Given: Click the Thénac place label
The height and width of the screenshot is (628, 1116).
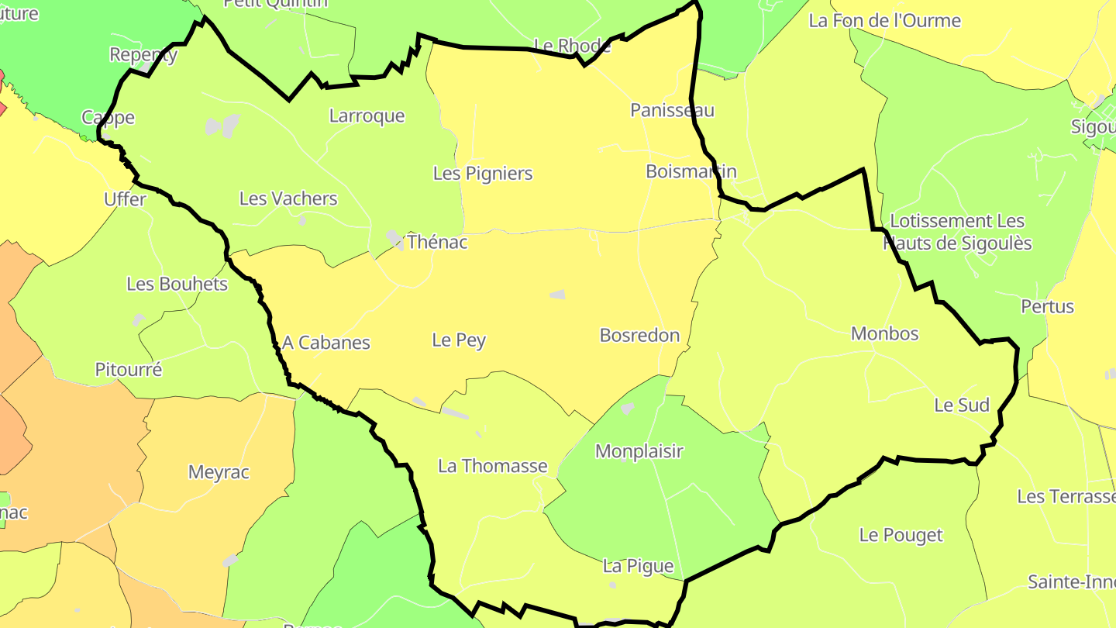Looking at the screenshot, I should (x=437, y=242).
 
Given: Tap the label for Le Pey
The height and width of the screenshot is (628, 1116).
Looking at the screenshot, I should (x=459, y=340).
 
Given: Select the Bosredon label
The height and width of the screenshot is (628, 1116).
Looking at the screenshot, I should (x=639, y=335).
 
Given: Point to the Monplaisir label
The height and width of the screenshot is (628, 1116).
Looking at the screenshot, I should (x=639, y=450).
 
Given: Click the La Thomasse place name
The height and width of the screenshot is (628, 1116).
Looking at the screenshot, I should (x=493, y=466).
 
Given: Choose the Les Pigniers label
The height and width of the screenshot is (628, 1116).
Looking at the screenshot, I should (x=483, y=173).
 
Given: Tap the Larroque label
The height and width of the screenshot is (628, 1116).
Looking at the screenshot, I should (x=367, y=116).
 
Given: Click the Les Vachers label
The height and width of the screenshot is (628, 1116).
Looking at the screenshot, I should (x=288, y=198).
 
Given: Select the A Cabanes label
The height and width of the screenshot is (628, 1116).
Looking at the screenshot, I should (x=326, y=343).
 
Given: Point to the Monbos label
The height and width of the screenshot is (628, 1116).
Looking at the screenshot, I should (x=884, y=333).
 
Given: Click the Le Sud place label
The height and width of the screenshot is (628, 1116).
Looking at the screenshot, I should (x=962, y=405).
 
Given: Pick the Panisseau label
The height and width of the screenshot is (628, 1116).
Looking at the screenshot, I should (x=672, y=110).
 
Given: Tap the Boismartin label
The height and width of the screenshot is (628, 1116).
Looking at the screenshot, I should (x=691, y=171).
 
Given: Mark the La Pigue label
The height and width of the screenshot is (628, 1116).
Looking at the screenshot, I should (x=638, y=566).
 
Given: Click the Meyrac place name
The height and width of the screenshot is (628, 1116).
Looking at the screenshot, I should (x=219, y=472).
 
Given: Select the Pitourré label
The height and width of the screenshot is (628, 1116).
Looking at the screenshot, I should (x=129, y=370).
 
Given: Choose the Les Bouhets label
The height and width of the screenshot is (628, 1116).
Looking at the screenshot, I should (x=177, y=284).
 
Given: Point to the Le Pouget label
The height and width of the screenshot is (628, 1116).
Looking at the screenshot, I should (x=901, y=535).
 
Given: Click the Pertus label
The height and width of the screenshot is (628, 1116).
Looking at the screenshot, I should (x=1048, y=306).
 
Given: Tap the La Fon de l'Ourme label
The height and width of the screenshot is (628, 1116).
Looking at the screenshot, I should (x=884, y=21).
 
